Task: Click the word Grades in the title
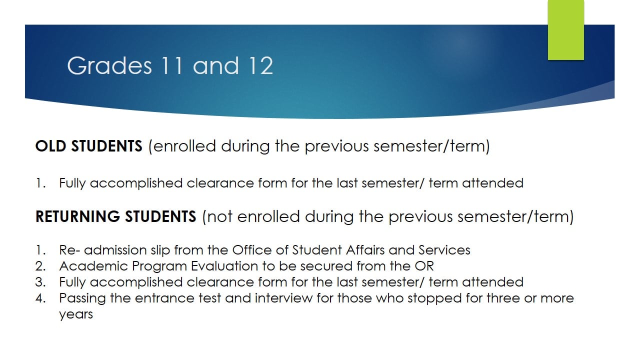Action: tap(109, 65)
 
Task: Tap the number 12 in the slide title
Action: tap(260, 65)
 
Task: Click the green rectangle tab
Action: tap(565, 30)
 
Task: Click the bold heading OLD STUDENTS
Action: tap(88, 146)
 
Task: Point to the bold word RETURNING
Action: tap(77, 216)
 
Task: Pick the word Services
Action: tap(444, 250)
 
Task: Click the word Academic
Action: tap(93, 266)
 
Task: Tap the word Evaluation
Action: tap(224, 266)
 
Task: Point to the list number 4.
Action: tap(40, 298)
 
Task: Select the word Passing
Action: tap(82, 299)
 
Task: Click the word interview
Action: tap(283, 298)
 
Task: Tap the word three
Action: tap(503, 298)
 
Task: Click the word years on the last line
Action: tap(76, 315)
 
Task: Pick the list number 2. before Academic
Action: tap(40, 266)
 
